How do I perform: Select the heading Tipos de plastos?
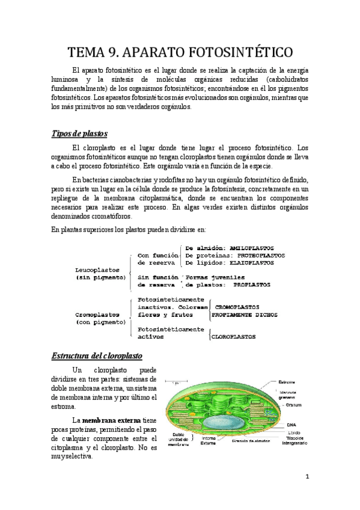click(x=79, y=133)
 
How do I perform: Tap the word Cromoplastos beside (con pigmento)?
click(x=96, y=314)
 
